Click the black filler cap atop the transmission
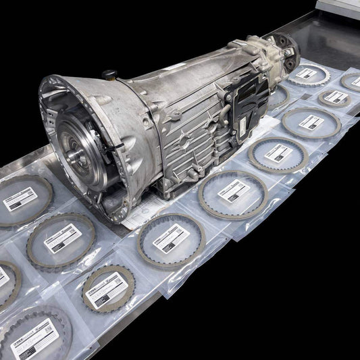click(x=109, y=75)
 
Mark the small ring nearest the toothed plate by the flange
click(x=335, y=97)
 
